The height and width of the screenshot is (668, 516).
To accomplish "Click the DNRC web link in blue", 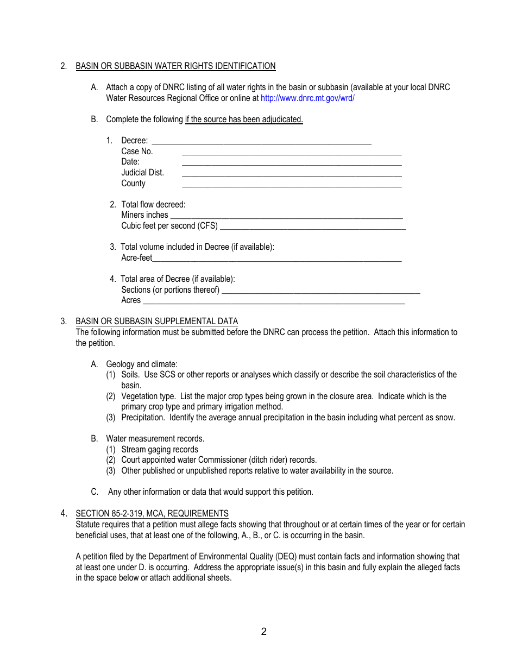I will click(x=307, y=98).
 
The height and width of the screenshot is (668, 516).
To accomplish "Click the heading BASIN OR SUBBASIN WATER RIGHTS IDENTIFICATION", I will click(x=175, y=66).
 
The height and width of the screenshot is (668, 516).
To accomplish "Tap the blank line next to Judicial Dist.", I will click(x=292, y=174).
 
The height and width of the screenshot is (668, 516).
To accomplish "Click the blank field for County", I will click(x=292, y=185).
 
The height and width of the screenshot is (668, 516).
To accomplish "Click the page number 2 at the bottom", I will click(x=263, y=632).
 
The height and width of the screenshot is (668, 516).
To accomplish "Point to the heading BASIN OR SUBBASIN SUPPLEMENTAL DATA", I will click(x=156, y=322).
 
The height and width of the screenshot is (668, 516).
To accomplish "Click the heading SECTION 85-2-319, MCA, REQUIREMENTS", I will click(x=152, y=514).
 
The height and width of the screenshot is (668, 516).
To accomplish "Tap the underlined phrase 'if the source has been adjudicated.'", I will click(x=244, y=119).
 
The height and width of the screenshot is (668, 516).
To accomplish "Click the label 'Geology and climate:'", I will click(x=142, y=364).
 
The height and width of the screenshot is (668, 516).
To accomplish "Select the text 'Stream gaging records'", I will click(x=160, y=450).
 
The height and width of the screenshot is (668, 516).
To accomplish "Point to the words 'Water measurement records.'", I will click(x=155, y=439).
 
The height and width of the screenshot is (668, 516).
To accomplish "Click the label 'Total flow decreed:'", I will click(x=153, y=205).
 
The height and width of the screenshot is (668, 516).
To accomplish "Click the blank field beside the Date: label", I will click(x=292, y=163).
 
